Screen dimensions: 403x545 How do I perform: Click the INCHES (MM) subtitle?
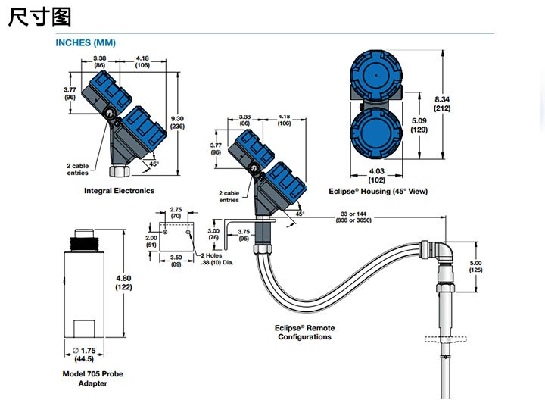86,42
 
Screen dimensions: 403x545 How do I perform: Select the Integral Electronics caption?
119,191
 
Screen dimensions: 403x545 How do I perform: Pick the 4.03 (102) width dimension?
375,176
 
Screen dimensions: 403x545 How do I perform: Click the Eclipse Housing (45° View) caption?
378,192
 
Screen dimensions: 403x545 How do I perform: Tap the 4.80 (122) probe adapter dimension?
125,283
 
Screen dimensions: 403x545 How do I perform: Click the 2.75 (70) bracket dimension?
175,212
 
